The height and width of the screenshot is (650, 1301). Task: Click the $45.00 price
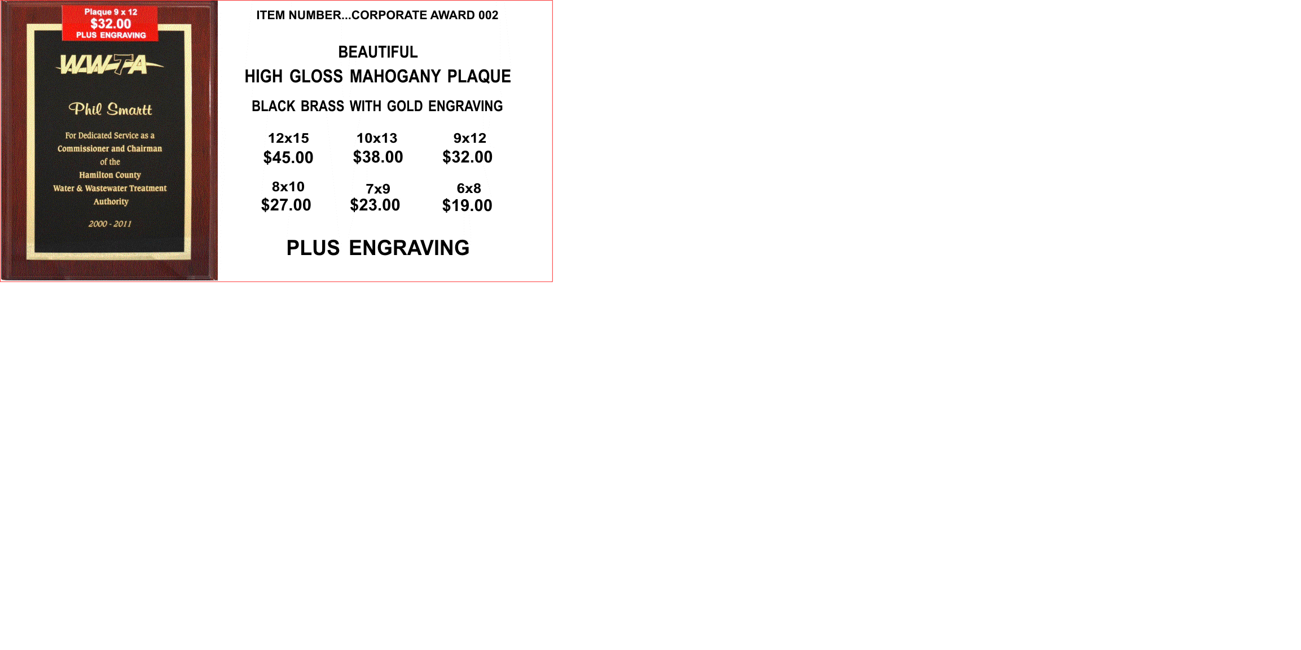click(288, 157)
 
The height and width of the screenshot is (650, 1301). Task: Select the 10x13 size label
click(377, 138)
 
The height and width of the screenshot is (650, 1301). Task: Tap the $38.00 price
click(378, 157)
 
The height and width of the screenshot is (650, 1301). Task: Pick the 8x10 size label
click(288, 187)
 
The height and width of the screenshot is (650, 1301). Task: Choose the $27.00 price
click(286, 205)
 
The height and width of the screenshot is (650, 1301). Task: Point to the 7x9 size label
click(378, 189)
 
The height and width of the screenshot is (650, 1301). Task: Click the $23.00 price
click(375, 205)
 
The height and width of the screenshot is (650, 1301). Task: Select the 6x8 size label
click(469, 188)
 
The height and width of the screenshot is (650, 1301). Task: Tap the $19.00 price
click(467, 205)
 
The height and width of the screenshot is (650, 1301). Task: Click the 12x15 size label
click(288, 138)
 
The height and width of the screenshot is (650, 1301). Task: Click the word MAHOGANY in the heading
click(395, 76)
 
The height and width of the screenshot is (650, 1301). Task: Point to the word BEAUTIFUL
click(378, 52)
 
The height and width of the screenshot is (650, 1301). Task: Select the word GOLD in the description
click(405, 106)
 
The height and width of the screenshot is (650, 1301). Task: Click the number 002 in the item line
click(488, 15)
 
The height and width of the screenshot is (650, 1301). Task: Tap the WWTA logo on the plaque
click(110, 64)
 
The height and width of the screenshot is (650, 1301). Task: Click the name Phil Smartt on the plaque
click(110, 109)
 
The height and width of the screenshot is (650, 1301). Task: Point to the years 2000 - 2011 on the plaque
click(110, 224)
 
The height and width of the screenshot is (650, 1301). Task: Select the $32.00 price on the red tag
click(111, 24)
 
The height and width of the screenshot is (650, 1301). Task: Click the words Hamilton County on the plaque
click(110, 175)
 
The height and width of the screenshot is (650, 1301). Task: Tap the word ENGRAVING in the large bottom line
click(409, 248)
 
